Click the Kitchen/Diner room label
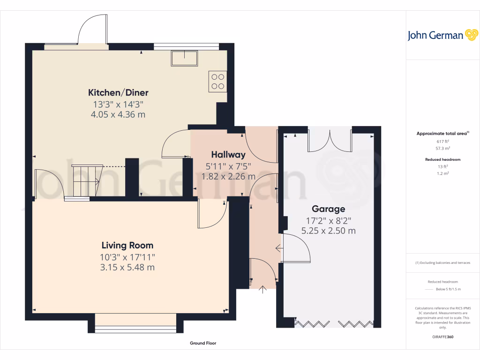118,92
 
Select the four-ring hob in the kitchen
217,81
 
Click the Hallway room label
228,155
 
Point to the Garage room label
329,209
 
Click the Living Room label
127,245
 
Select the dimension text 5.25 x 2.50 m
328,231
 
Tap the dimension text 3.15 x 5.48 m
127,268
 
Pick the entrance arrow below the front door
262,290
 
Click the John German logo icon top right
471,35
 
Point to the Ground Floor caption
203,343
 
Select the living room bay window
135,323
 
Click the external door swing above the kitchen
93,29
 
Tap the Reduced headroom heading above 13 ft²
442,159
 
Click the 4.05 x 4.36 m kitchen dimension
118,114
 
